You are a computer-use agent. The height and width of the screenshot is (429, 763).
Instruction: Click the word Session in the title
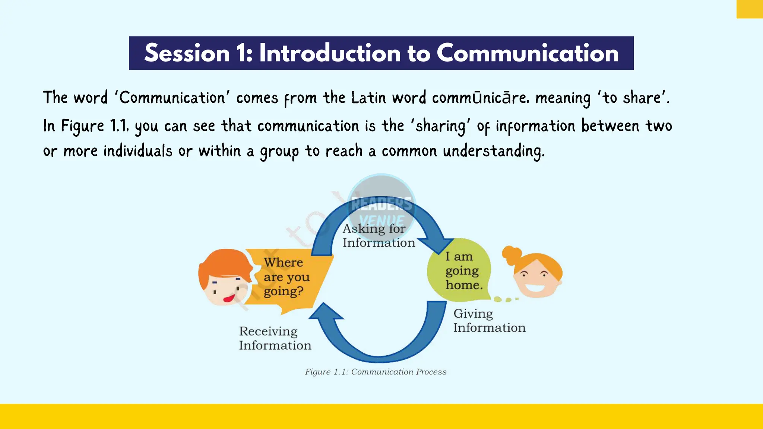click(187, 53)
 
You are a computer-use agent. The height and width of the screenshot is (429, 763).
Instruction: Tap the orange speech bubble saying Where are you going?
click(287, 277)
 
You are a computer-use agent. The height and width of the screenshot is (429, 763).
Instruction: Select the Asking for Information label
click(378, 235)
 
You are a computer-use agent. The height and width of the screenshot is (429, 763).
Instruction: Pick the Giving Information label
click(489, 321)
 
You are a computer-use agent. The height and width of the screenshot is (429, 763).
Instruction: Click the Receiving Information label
click(275, 338)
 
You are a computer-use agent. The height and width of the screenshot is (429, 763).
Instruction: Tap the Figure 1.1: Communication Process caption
click(376, 372)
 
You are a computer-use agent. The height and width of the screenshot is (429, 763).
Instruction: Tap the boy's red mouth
click(229, 298)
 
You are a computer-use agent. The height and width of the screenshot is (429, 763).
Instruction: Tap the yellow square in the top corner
click(750, 9)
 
